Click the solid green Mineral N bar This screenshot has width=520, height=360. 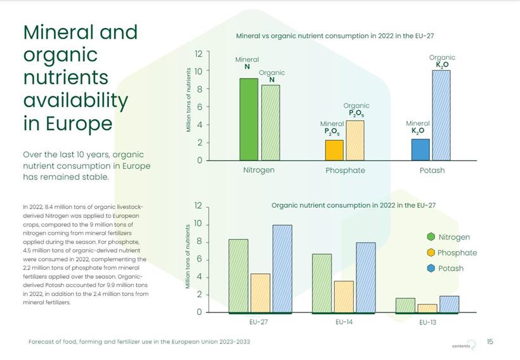click(249, 119)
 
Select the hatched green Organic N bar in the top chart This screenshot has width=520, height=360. click(270, 122)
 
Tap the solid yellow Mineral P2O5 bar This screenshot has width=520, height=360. click(334, 150)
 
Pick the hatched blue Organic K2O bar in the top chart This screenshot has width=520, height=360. click(441, 115)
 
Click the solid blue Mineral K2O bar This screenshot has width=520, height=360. click(420, 150)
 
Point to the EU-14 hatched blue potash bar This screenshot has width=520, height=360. click(365, 277)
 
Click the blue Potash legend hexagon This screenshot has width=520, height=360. click(431, 268)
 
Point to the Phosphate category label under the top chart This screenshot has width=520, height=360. click(345, 170)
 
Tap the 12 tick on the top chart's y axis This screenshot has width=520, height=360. click(198, 53)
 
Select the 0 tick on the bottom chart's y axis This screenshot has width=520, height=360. click(198, 312)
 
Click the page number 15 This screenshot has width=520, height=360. click(490, 342)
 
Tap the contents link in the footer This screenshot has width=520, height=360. click(462, 346)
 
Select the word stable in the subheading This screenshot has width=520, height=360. click(94, 177)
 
